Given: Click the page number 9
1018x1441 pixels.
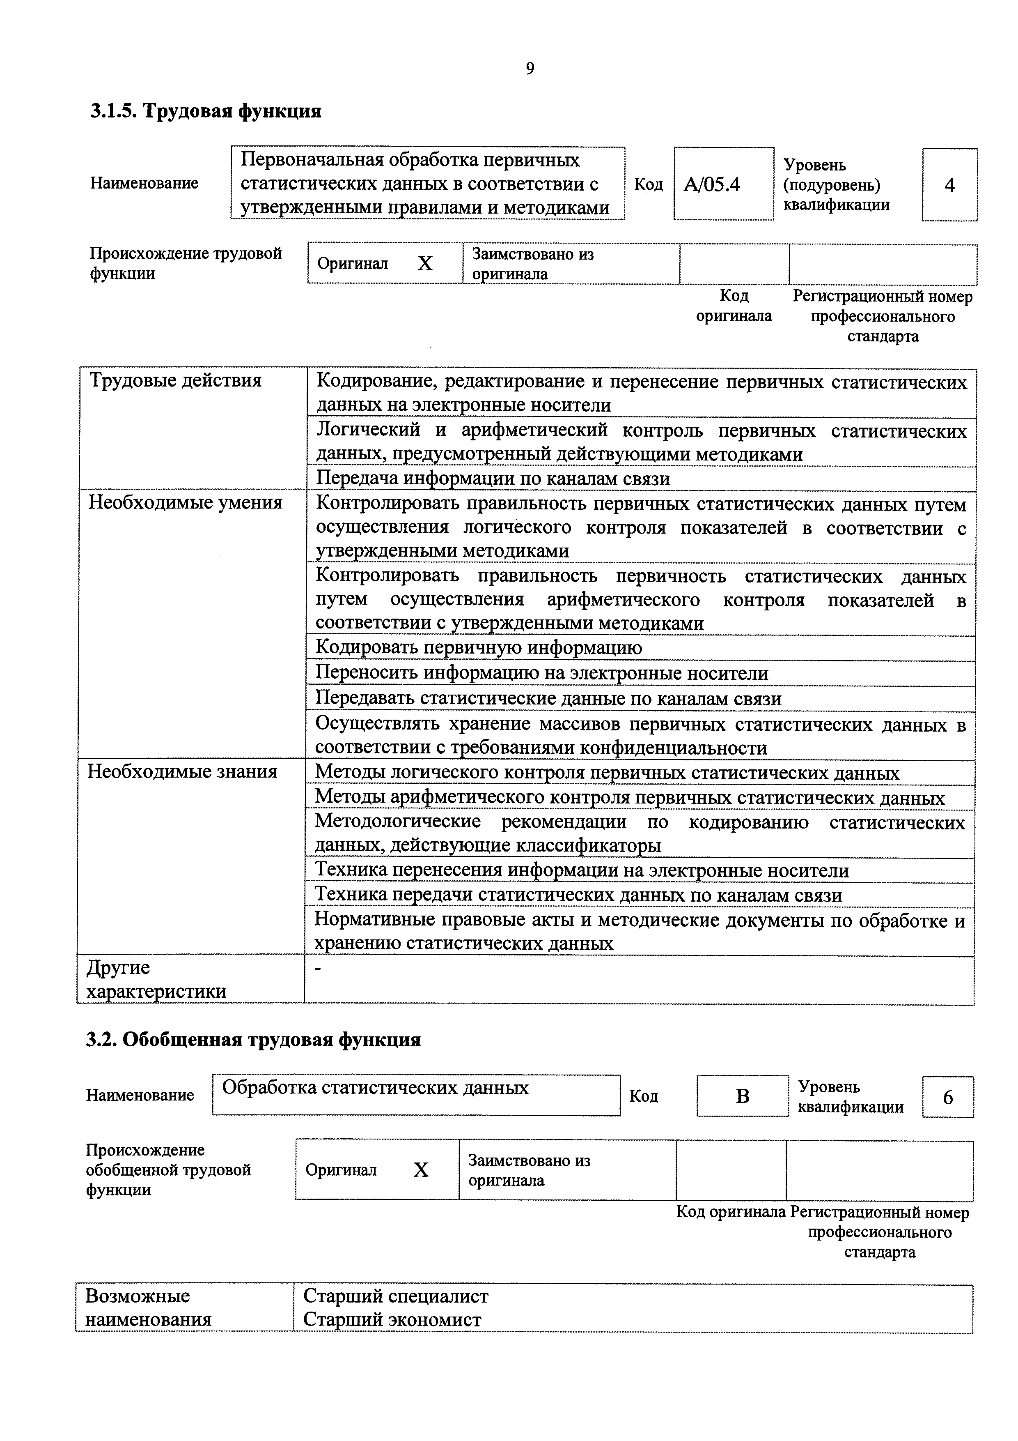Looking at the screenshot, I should pyautogui.click(x=530, y=69).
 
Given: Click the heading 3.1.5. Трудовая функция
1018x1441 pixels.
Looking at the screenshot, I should pyautogui.click(x=206, y=111).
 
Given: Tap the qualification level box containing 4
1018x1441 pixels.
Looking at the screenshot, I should pyautogui.click(x=949, y=185).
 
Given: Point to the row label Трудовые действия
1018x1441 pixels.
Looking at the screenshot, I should pyautogui.click(x=176, y=380).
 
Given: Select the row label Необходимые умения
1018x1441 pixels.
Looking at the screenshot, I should pyautogui.click(x=185, y=503).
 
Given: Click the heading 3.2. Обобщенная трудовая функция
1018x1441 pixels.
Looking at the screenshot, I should pyautogui.click(x=253, y=1040).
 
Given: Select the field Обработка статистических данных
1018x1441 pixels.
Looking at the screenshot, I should pyautogui.click(x=376, y=1088).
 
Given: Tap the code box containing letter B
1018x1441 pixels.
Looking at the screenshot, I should pyautogui.click(x=742, y=1096).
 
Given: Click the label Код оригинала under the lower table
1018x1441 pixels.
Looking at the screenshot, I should pyautogui.click(x=731, y=1213).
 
